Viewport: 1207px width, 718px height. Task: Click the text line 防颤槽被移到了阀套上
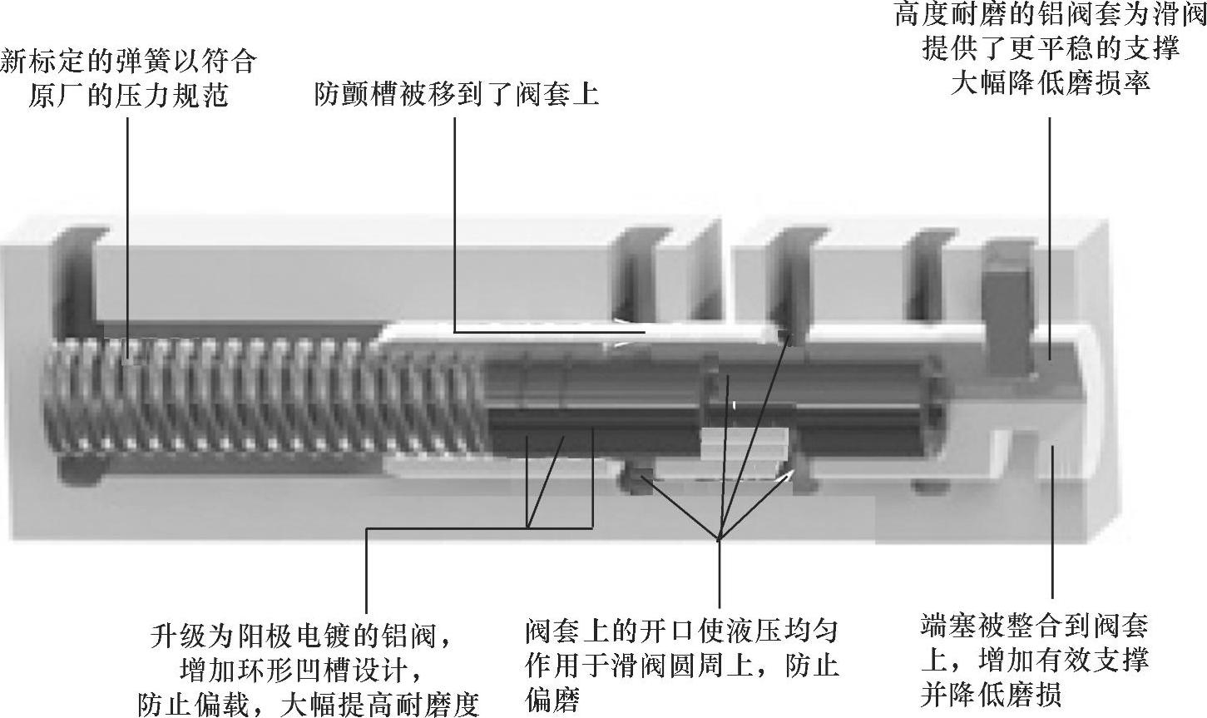tap(456, 94)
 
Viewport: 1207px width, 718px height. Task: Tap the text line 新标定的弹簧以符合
tap(128, 61)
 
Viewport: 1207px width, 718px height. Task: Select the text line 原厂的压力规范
tap(128, 96)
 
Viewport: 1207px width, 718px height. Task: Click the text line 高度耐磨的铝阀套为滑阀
tap(1050, 14)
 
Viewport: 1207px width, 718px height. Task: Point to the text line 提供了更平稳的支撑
tap(1051, 48)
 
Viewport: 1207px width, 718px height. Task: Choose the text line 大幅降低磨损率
tap(1051, 82)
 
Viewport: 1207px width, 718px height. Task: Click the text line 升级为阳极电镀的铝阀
tap(299, 636)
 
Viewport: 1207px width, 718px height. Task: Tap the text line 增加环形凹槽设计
tap(299, 671)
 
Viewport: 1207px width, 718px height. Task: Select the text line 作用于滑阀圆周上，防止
tap(681, 665)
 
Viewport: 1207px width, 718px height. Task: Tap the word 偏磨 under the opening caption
tap(552, 699)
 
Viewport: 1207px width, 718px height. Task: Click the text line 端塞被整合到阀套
tap(1035, 626)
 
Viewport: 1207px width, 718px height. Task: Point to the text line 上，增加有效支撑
tap(1035, 660)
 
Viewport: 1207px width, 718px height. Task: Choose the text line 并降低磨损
tap(991, 694)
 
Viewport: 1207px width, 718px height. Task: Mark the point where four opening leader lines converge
tap(719, 540)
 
